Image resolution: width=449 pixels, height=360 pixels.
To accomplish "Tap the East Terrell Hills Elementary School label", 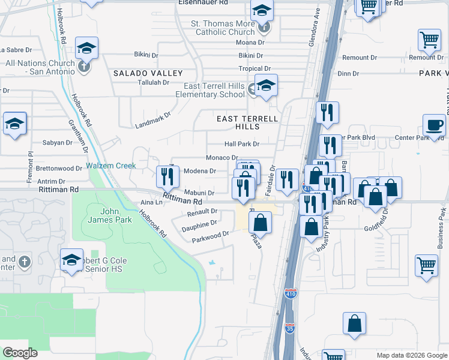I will [210, 90].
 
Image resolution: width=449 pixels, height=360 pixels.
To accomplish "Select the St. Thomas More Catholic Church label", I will [223, 28].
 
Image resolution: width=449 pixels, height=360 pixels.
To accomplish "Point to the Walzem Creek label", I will [111, 166].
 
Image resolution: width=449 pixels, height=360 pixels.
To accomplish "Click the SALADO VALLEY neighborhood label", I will [148, 73].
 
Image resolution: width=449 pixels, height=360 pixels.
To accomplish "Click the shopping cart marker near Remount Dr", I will [430, 40].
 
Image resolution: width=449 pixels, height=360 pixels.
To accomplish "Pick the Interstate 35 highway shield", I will [290, 328].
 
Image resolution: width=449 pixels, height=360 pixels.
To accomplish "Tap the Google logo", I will [20, 352].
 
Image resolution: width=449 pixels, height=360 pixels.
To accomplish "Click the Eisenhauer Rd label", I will [203, 3].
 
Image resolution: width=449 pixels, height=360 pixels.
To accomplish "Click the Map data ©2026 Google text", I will [411, 355].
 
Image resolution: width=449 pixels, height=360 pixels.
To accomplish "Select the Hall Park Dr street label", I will [241, 144].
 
